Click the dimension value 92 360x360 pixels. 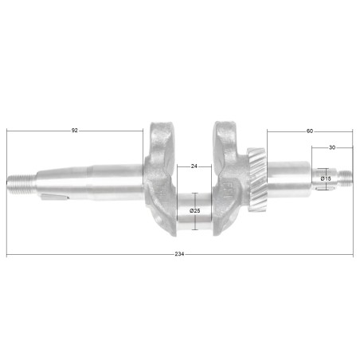click(x=75, y=129)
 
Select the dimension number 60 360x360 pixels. click(x=309, y=129)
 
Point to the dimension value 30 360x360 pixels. click(x=331, y=147)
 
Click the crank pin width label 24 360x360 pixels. click(x=194, y=166)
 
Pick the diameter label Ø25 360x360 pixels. click(x=195, y=210)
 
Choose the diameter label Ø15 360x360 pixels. click(x=326, y=179)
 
